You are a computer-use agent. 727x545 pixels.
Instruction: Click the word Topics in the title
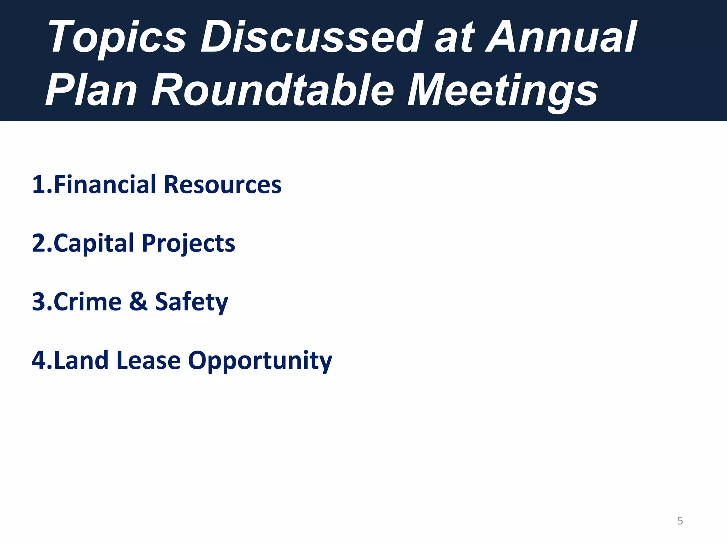[x=117, y=37]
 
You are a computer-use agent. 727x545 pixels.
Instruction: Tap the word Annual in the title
[x=561, y=37]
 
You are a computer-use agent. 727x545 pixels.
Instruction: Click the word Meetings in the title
[x=502, y=90]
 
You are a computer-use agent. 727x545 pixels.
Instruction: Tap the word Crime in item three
[x=87, y=302]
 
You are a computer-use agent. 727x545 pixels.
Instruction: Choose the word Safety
[x=191, y=302]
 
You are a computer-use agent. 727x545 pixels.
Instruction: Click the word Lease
[x=148, y=360]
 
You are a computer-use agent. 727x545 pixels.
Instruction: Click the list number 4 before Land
[x=39, y=360]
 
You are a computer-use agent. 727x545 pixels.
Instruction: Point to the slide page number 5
[x=680, y=521]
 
